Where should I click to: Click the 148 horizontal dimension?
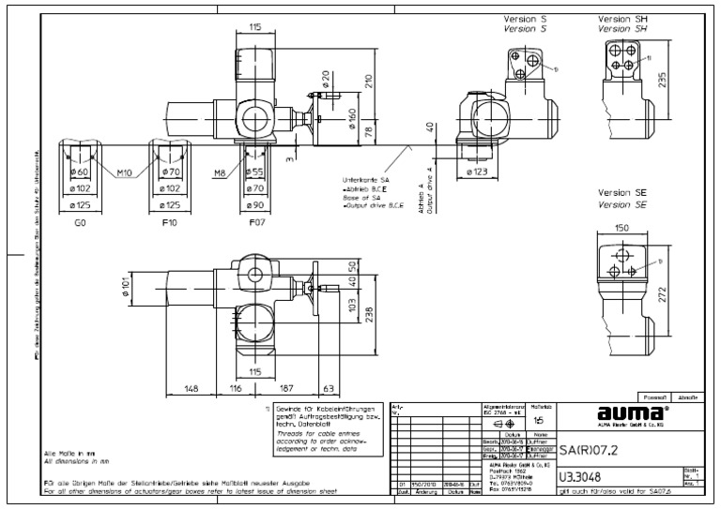191,386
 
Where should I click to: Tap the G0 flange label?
81,225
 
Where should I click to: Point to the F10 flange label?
171,225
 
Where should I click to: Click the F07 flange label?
254,225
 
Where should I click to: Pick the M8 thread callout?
218,172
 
